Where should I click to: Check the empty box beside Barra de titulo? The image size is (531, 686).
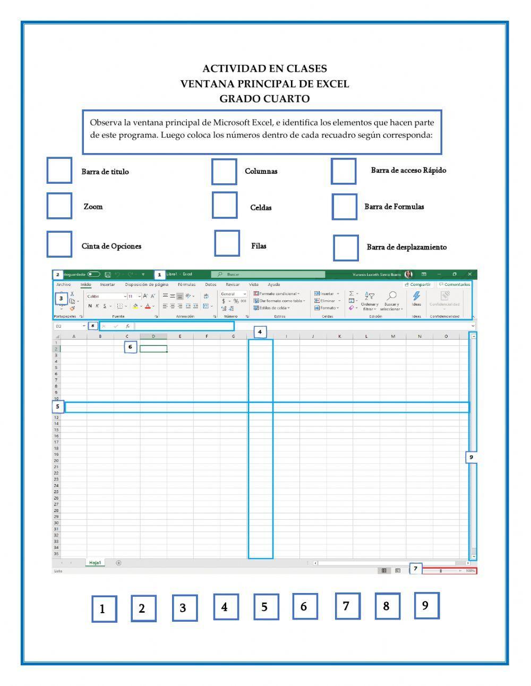[59, 170]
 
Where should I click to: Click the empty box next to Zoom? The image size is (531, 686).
[59, 206]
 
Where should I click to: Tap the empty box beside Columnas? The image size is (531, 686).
[224, 171]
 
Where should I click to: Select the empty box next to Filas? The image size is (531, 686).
[227, 243]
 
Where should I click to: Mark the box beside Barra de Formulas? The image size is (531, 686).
[345, 207]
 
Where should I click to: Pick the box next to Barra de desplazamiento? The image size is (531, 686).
[346, 248]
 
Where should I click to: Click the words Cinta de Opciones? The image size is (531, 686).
[112, 246]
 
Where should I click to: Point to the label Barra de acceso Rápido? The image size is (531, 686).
[408, 171]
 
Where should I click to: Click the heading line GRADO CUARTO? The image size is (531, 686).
[264, 99]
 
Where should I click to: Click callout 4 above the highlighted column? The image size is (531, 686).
[260, 332]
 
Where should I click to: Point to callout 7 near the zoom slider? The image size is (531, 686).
[415, 569]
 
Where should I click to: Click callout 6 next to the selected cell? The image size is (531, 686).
[131, 347]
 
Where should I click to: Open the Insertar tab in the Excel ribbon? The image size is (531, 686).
[107, 284]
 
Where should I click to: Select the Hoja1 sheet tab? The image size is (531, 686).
[95, 563]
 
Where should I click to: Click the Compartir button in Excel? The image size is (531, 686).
[418, 284]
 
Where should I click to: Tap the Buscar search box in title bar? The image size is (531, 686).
[268, 274]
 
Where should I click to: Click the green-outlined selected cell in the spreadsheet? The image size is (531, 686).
[153, 349]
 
